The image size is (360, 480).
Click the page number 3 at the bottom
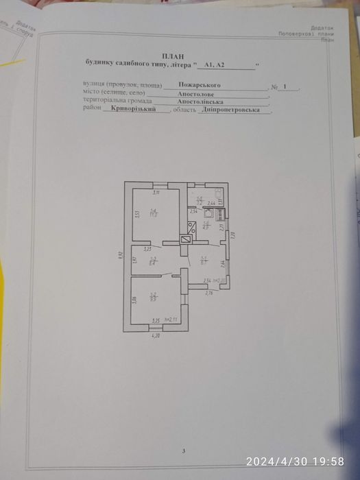point(184,451)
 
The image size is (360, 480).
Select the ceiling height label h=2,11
point(169,320)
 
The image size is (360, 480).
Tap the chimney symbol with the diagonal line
point(184,240)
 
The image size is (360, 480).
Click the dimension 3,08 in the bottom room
point(134,298)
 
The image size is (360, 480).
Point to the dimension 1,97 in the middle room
point(134,260)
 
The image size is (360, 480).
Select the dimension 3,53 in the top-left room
point(136,213)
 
